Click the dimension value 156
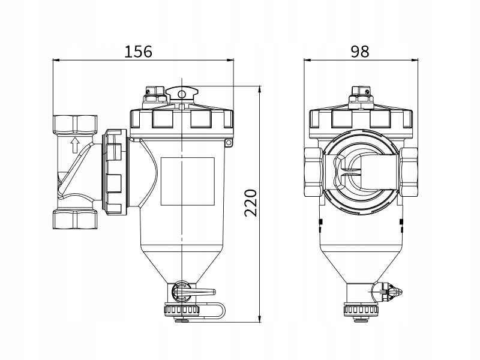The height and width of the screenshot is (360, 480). tap(139, 51)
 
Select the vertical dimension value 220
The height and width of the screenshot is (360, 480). tap(251, 203)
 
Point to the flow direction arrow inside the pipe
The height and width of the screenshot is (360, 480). tap(74, 145)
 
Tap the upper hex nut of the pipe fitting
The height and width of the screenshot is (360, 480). tap(74, 125)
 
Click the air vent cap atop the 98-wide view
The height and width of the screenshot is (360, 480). tap(359, 95)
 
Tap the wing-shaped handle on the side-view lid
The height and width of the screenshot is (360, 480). tap(183, 93)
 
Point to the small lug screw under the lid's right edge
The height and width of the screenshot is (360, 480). tap(228, 142)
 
